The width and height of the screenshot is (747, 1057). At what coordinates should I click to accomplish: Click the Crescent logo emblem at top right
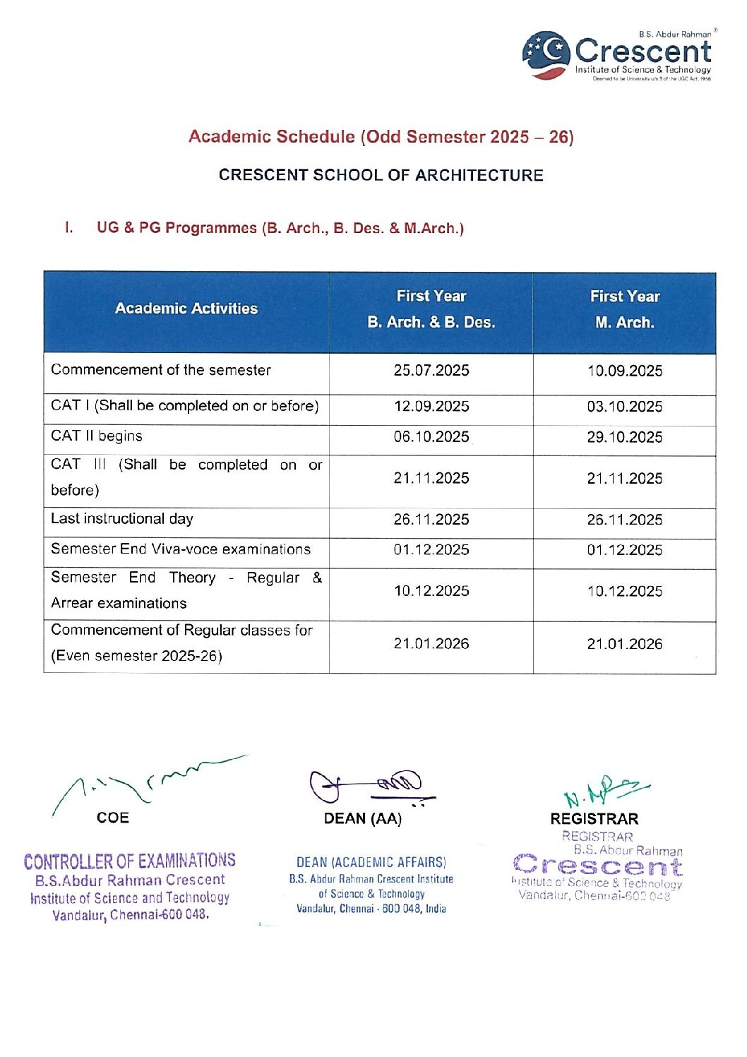point(546,54)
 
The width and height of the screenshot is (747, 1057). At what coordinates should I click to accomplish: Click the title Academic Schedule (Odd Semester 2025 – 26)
point(381,137)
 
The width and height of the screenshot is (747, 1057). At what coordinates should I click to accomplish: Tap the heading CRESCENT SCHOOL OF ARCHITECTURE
point(381,175)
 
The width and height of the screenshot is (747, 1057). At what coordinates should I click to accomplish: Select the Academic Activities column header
point(186,309)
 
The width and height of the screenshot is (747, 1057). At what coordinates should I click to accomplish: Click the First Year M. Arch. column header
point(625,309)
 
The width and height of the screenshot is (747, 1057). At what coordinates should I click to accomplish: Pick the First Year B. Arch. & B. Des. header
point(431,309)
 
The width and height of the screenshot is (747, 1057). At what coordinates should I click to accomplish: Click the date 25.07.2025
point(431,371)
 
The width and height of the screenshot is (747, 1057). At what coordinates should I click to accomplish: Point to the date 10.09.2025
point(625,371)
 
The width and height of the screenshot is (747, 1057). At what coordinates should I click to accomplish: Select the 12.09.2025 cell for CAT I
point(431,407)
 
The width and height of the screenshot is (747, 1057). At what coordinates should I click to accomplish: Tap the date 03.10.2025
point(625,407)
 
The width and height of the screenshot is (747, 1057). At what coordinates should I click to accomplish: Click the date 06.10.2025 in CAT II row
point(431,437)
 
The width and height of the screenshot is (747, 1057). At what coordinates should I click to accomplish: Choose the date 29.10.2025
point(625,438)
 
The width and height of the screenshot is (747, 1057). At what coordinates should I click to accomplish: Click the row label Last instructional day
point(122,519)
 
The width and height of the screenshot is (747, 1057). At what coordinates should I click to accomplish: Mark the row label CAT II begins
point(97,436)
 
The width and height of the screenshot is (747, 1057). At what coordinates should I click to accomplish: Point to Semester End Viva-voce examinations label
point(181,549)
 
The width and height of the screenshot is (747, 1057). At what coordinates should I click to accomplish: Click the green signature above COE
point(148,781)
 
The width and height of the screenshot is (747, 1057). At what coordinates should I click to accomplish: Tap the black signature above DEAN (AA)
point(371,786)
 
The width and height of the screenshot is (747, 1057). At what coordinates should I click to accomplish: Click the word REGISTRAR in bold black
point(594,819)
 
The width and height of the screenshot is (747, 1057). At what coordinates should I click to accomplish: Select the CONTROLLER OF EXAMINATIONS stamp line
point(130,861)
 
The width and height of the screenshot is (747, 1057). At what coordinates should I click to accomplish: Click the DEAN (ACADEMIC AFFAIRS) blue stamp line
point(371,862)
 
